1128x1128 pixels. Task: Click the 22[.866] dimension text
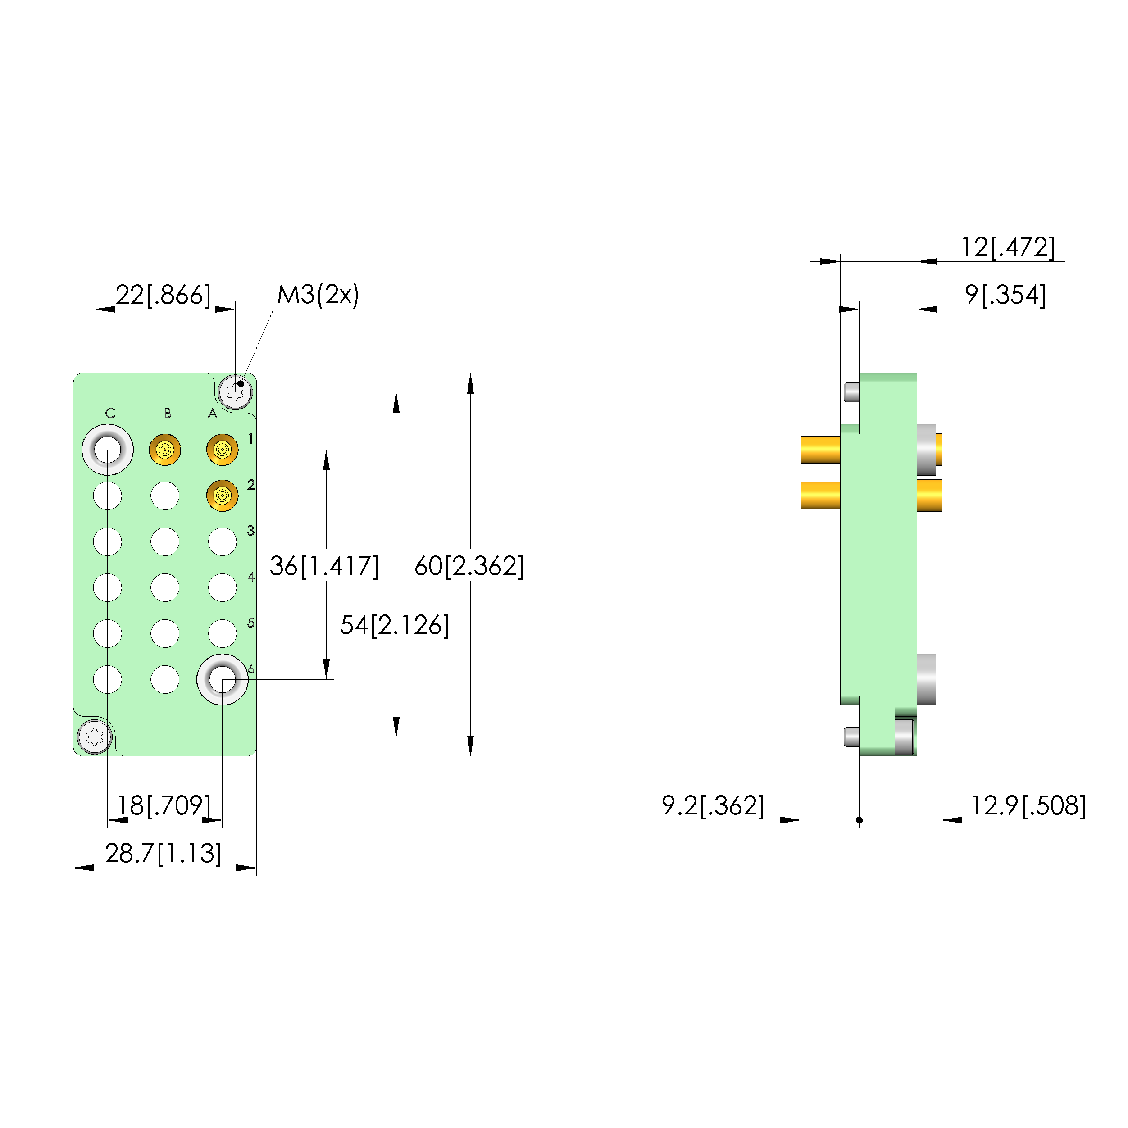pos(164,295)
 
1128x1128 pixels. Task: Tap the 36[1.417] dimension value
pos(324,566)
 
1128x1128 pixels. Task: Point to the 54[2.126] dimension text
pos(395,625)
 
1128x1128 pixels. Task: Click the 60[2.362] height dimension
pos(469,566)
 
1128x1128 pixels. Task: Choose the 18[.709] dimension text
pos(164,806)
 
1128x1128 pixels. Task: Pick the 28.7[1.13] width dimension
pos(164,854)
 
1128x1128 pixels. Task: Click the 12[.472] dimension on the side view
pos(1008,247)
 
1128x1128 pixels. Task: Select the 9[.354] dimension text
pos(1005,295)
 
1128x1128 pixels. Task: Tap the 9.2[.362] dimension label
pos(713,806)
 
